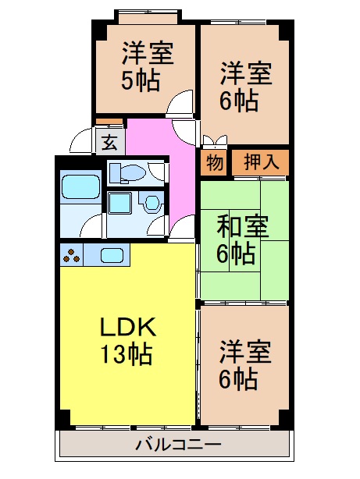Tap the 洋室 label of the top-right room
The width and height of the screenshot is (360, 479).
click(244, 74)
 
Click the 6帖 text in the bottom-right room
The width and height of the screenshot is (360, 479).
click(237, 380)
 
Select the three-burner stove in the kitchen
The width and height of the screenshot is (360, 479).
click(72, 254)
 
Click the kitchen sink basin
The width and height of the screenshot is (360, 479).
click(110, 254)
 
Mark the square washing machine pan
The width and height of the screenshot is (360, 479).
click(121, 204)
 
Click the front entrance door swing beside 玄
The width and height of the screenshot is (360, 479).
click(83, 140)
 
